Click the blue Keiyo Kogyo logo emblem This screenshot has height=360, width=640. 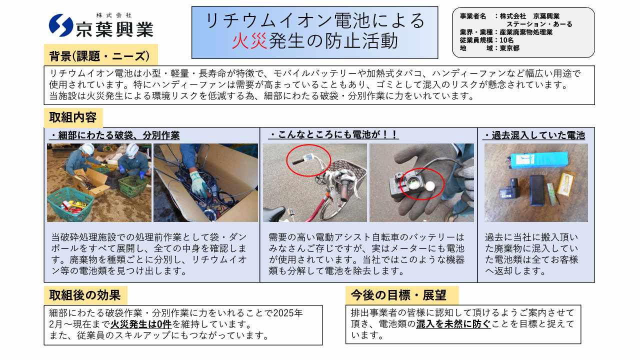pos(61,25)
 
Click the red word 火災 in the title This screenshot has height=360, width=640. pos(249,41)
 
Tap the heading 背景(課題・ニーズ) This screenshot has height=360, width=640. pos(99,56)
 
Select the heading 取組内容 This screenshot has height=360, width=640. pos(73,117)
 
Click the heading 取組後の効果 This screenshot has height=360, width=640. pos(85,295)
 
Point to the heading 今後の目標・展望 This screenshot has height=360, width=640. pos(398,295)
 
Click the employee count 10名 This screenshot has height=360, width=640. pos(506,40)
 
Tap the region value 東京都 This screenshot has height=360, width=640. pos(509,48)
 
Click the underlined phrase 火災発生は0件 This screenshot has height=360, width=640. pos(141,324)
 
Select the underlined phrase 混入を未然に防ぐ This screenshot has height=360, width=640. pos(453,324)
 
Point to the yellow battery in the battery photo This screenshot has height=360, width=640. pos(565,184)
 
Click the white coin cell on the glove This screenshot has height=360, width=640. pos(429,186)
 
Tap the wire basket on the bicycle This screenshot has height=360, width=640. pos(350,170)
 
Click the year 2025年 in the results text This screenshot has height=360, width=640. pos(288,313)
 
